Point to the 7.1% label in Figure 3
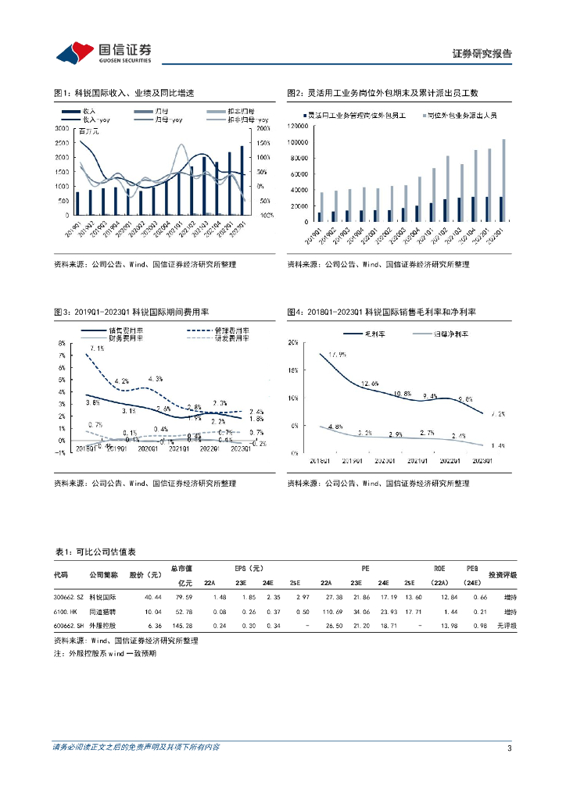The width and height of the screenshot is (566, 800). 98,348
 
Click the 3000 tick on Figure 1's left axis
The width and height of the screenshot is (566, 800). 65,127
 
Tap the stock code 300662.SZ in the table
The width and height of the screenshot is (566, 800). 69,598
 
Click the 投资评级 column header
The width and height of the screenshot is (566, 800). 502,576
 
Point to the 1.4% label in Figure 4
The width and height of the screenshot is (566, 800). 497,445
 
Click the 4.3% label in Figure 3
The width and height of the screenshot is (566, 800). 155,379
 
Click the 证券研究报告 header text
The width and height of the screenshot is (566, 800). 482,53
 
